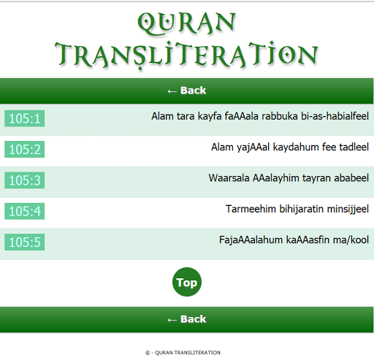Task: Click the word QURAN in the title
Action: point(186,23)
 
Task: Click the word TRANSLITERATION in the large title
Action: point(186,55)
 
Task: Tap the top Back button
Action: point(186,91)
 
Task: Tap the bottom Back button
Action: point(186,319)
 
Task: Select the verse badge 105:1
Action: point(24,118)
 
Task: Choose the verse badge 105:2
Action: point(24,149)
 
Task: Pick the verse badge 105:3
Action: point(24,180)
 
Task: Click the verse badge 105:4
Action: point(24,211)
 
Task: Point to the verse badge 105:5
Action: point(24,242)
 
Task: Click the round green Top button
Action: point(187,282)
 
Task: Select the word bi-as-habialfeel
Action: point(335,116)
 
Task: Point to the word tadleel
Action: point(354,147)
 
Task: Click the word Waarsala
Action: point(229,178)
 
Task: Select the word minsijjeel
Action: point(348,209)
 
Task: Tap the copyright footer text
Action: point(183,353)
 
